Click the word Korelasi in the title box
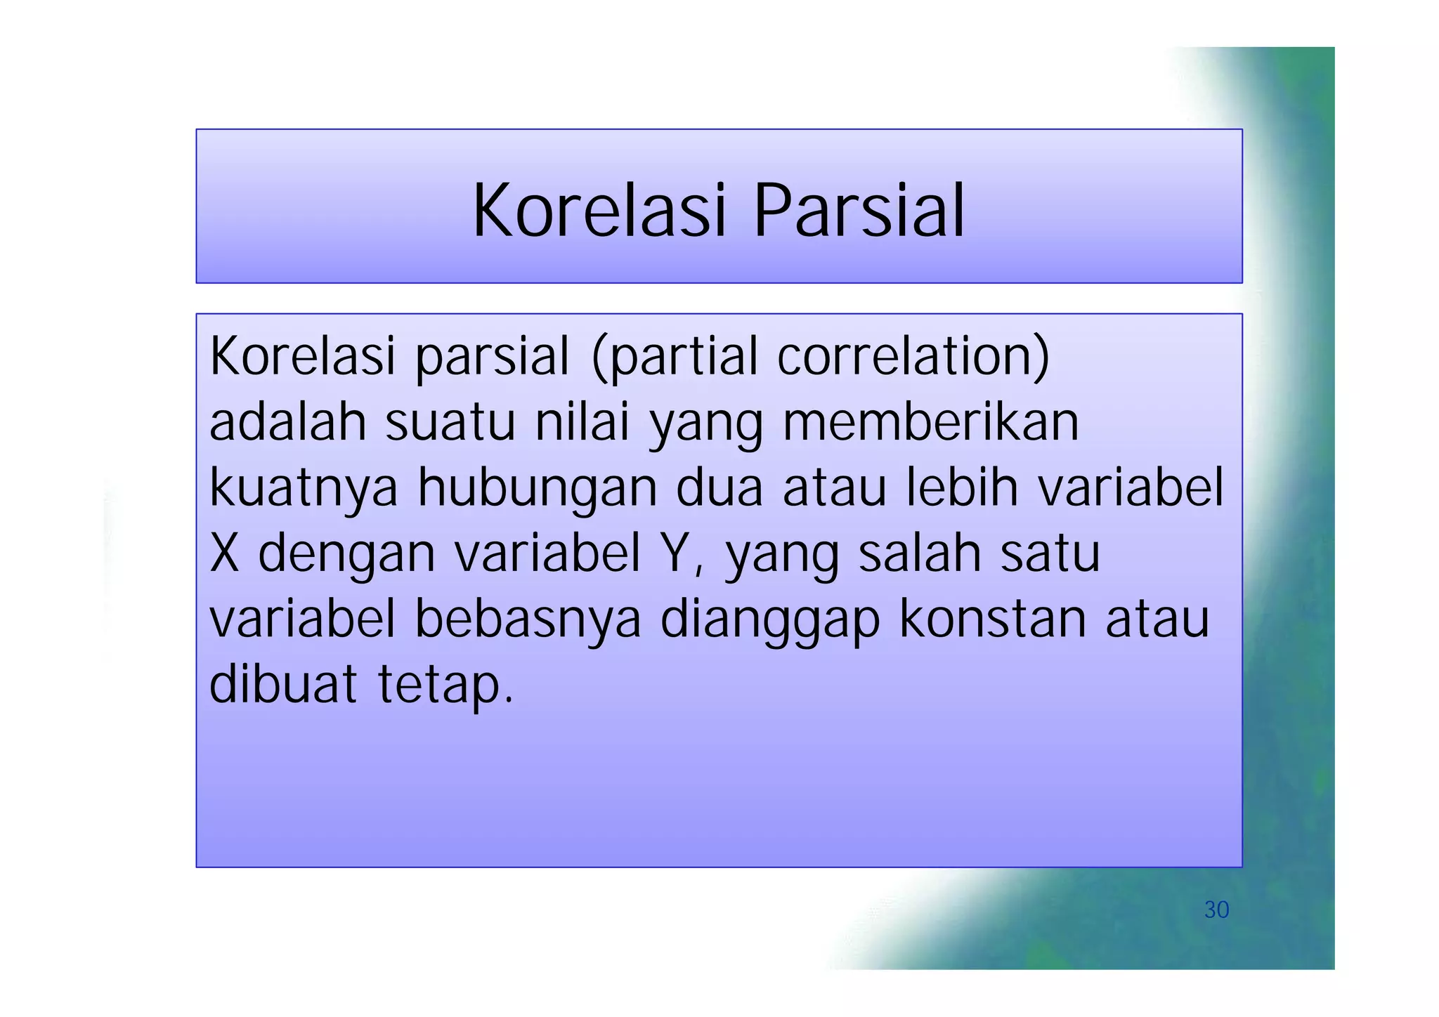click(599, 211)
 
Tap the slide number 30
click(1216, 910)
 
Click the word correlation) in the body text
click(913, 357)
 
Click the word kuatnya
click(304, 488)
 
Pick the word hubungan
click(538, 488)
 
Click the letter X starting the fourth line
click(225, 553)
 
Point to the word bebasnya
click(528, 619)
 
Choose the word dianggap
click(770, 619)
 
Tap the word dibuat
click(283, 685)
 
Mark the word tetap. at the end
click(445, 685)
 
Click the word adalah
click(288, 422)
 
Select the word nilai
click(582, 422)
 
